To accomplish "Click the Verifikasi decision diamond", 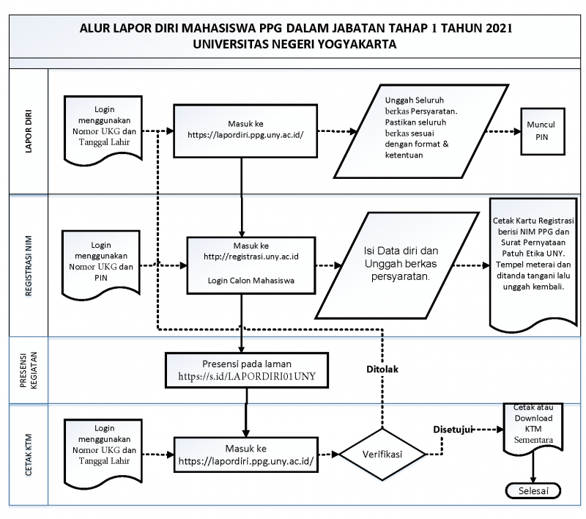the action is pos(382,454).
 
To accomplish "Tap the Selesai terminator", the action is pos(533,491).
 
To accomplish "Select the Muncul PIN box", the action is pos(543,131).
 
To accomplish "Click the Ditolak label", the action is pos(382,369).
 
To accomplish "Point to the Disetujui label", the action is pos(453,430).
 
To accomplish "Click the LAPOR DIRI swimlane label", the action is pos(29,131).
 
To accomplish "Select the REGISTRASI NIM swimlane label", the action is pos(29,266).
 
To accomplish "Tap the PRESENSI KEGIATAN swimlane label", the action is pos(29,370).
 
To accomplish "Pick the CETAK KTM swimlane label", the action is pos(29,454).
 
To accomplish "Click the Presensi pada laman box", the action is pos(247,370).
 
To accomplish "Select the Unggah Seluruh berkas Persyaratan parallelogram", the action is pos(421,131).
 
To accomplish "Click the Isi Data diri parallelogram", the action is pos(397,265).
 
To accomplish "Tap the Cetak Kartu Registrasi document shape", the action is pos(533,265).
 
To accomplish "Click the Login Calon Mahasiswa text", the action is pos(251,281).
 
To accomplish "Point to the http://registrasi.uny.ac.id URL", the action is pos(251,257).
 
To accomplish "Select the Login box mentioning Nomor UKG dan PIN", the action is pos(101,265).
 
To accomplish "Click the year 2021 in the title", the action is pos(499,28).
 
